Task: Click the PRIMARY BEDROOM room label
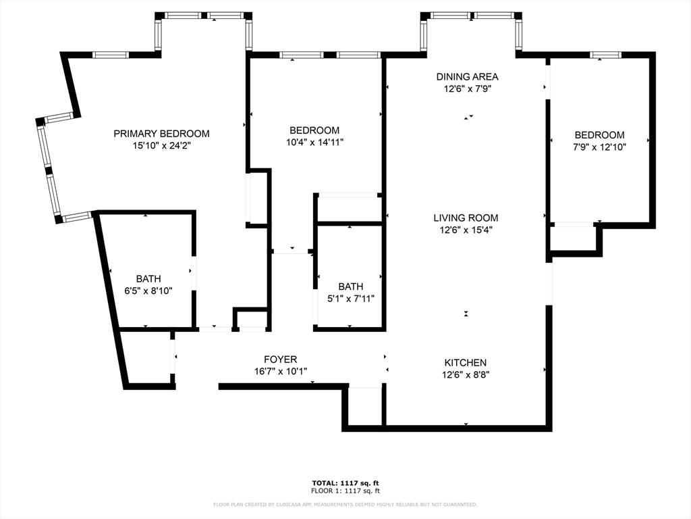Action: click(x=161, y=134)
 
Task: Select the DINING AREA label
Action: click(x=467, y=77)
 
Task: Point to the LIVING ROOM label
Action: click(x=466, y=218)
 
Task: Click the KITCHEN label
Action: click(x=465, y=363)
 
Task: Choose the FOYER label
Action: click(x=280, y=360)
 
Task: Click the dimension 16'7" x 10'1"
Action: click(x=280, y=371)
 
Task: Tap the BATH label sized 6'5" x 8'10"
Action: click(x=148, y=278)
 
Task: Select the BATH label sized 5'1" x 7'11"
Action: click(x=351, y=287)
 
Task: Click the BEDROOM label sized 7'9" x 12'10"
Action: click(x=600, y=135)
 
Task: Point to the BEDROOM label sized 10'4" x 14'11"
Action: click(x=314, y=130)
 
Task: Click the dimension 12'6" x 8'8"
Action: click(x=465, y=374)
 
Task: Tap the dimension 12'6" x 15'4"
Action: click(x=466, y=229)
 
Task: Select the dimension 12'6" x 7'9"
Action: click(x=467, y=89)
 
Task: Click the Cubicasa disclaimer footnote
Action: click(x=345, y=504)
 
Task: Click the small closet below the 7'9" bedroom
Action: click(x=573, y=239)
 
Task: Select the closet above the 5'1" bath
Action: click(x=349, y=209)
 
